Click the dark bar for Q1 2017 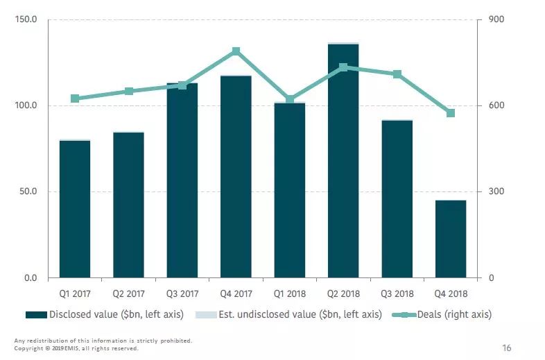click(75, 209)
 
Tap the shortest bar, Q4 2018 click(451, 239)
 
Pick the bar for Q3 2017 click(182, 180)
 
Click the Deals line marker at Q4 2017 click(236, 51)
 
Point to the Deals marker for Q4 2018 click(451, 113)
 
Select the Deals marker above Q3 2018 click(397, 74)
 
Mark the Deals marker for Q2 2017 click(129, 92)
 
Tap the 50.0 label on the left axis click(28, 192)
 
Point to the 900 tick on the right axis click(495, 19)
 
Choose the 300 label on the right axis click(495, 192)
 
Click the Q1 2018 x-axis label click(290, 293)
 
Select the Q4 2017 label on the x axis click(236, 293)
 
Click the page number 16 click(506, 348)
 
